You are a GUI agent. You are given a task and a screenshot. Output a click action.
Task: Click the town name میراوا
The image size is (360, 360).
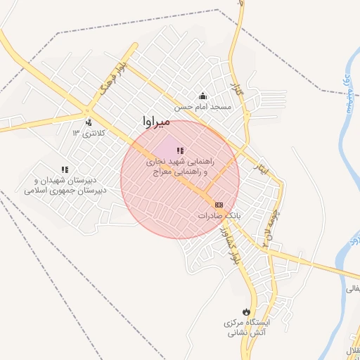click(x=155, y=122)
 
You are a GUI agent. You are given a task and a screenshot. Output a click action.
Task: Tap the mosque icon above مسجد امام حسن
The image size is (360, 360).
click(x=203, y=96)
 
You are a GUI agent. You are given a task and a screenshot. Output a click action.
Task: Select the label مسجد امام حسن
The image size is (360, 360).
click(x=203, y=107)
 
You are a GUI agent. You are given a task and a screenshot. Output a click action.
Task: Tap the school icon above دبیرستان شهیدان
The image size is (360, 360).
click(x=65, y=169)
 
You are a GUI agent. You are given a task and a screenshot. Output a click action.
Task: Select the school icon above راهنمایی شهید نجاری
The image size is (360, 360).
click(x=181, y=150)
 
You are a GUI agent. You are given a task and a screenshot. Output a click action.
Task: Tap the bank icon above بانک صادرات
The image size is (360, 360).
click(x=219, y=205)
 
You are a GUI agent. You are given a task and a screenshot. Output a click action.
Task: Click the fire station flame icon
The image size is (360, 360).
click(x=245, y=311)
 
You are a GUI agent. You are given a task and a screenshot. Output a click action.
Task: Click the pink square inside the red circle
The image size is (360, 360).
click(x=167, y=148)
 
